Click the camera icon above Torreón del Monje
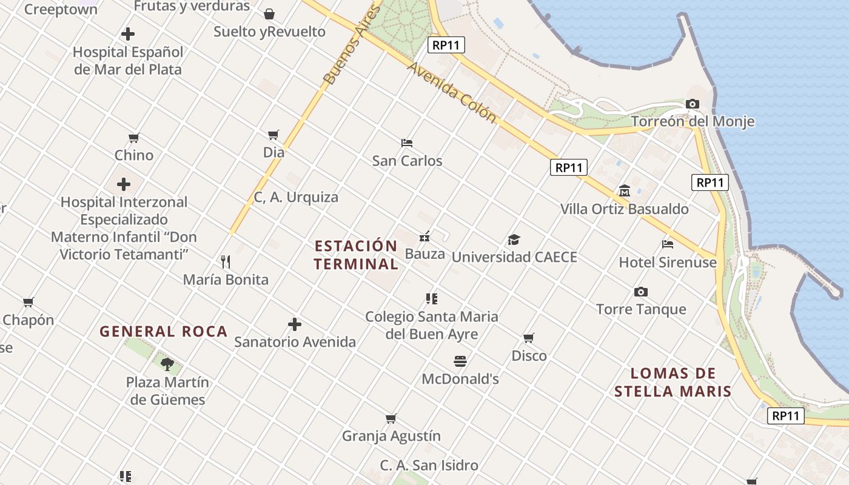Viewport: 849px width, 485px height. point(692,104)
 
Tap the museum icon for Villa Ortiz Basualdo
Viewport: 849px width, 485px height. point(624,192)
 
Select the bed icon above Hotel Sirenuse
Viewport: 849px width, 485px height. point(668,244)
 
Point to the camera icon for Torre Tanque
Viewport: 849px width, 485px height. point(640,292)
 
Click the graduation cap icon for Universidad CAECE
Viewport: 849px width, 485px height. point(514,239)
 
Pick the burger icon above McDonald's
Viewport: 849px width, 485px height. point(460,361)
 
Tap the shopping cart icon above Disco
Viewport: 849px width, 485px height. point(529,338)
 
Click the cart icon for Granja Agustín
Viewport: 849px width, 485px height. point(391,418)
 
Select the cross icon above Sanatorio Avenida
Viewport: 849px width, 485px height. point(295,324)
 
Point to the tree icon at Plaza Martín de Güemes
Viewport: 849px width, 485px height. point(167,364)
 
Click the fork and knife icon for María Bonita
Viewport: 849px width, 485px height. point(226,262)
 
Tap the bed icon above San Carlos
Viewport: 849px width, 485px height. point(407,143)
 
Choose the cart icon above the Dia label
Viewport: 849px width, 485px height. point(273,135)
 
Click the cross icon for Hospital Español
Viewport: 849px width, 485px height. point(128,34)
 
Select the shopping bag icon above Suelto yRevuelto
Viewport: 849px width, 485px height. point(269,14)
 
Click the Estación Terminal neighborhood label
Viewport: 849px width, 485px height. point(356,255)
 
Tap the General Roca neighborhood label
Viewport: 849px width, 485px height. point(164,332)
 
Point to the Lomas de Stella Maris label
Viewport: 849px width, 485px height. point(673,382)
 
